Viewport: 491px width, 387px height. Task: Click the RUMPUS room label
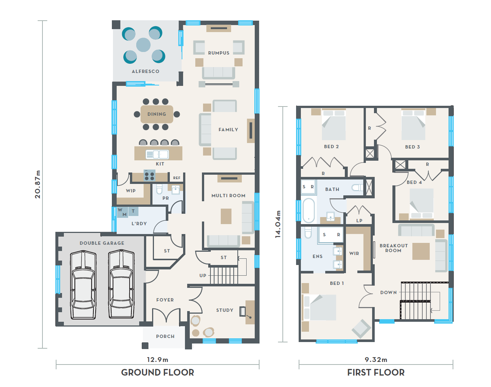tap(219, 53)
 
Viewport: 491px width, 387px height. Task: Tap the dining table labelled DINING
tap(157, 114)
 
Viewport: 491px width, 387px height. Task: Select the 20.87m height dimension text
tap(38, 184)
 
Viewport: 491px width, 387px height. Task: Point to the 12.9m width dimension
tap(157, 360)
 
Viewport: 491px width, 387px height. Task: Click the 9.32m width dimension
tap(376, 360)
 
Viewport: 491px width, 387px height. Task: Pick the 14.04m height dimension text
tap(278, 224)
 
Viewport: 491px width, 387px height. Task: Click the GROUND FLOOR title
tap(157, 372)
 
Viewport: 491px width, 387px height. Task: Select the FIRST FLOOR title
tap(376, 372)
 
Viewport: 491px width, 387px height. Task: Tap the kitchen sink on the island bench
tap(157, 154)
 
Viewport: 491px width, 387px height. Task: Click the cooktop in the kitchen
tap(150, 175)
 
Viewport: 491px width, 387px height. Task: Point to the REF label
tap(177, 178)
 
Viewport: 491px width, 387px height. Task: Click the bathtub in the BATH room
tap(309, 210)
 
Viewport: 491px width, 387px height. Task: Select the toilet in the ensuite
tap(308, 233)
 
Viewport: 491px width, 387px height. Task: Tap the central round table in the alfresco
tap(143, 45)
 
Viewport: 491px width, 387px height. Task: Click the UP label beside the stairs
tap(203, 275)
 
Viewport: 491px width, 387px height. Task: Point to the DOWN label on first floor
tap(388, 293)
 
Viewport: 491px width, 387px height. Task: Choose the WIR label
tap(354, 253)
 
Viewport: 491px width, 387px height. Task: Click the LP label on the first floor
tap(359, 220)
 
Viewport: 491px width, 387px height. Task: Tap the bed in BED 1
tap(319, 307)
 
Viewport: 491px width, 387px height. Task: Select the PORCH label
tap(165, 337)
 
